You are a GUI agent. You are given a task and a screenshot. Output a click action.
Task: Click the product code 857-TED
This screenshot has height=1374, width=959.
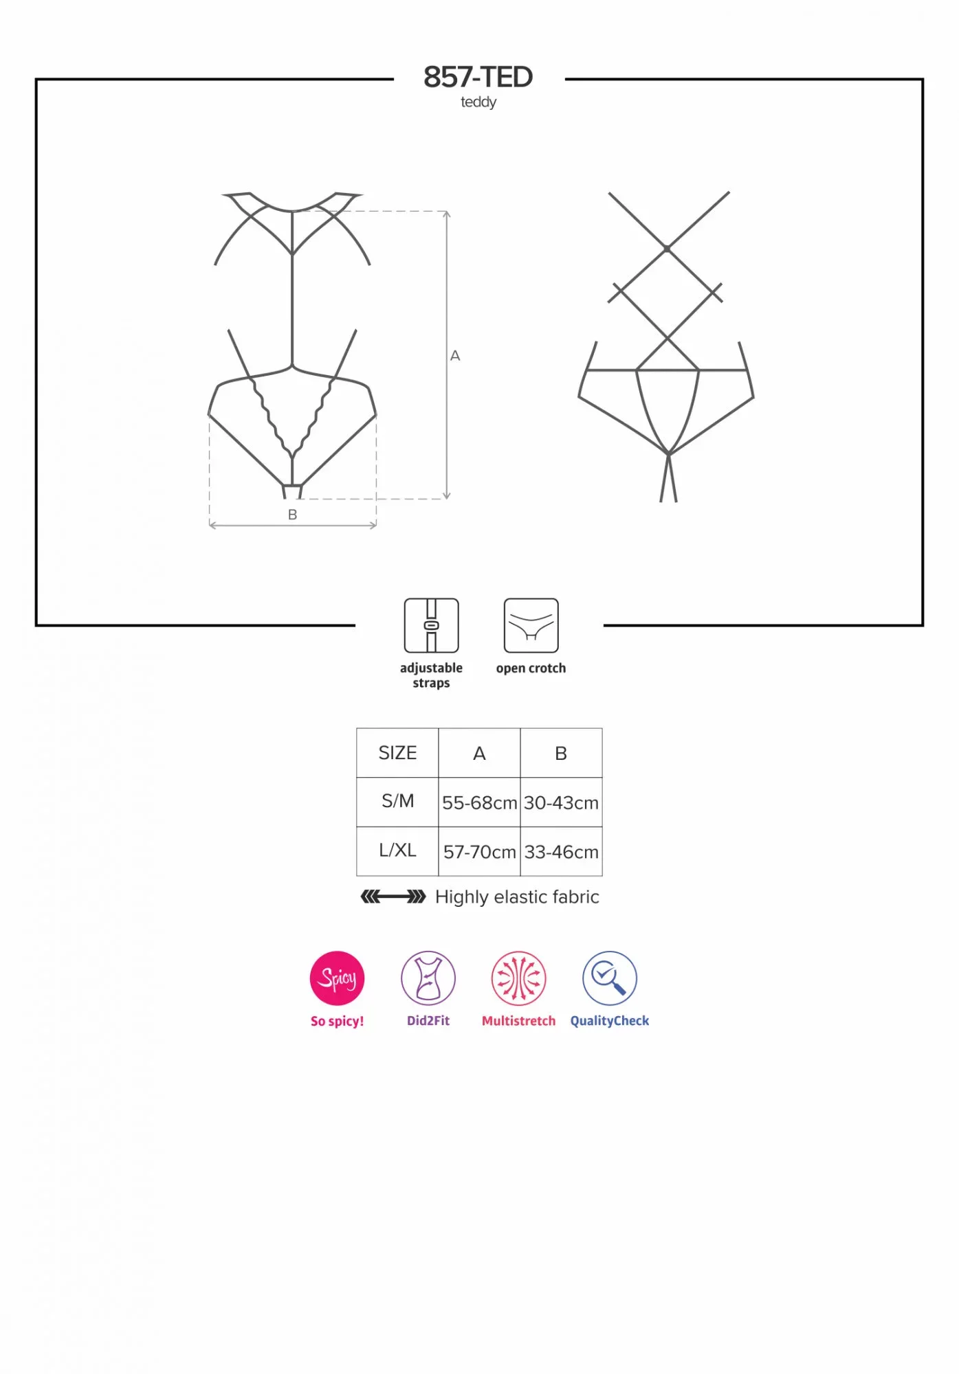478,77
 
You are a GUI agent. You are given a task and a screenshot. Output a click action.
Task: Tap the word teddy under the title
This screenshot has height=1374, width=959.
478,102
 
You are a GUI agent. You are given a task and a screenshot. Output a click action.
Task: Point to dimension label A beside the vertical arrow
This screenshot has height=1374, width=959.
455,356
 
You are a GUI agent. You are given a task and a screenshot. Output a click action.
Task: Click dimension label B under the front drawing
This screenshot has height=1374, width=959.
293,515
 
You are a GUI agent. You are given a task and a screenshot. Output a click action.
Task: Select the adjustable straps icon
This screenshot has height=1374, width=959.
431,625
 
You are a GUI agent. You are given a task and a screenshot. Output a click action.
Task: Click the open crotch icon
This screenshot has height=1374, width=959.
531,625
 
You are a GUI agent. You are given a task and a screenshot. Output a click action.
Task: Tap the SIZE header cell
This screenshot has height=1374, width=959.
397,753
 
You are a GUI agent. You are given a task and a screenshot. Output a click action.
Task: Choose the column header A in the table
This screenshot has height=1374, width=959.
479,754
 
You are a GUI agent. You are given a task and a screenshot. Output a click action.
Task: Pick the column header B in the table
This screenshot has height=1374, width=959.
561,754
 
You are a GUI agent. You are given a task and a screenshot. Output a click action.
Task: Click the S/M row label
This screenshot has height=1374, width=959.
397,801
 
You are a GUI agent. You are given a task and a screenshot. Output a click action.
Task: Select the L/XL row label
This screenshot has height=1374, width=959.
397,851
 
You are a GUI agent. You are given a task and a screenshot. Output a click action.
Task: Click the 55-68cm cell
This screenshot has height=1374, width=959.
479,802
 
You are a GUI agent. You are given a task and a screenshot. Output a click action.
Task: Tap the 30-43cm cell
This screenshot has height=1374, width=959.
561,802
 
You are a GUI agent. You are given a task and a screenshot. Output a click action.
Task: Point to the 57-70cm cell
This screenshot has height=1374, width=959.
479,852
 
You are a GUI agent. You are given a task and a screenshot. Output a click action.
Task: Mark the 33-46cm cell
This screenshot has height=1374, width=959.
561,852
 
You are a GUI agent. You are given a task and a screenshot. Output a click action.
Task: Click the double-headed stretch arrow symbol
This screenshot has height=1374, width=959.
393,897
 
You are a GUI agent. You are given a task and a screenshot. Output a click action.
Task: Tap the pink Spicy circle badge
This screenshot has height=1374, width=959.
337,978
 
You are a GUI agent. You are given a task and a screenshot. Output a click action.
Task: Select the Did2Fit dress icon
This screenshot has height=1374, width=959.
428,978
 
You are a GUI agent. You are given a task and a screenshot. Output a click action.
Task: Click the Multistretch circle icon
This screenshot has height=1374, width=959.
519,978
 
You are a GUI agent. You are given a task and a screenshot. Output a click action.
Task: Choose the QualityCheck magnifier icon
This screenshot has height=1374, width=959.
610,978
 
